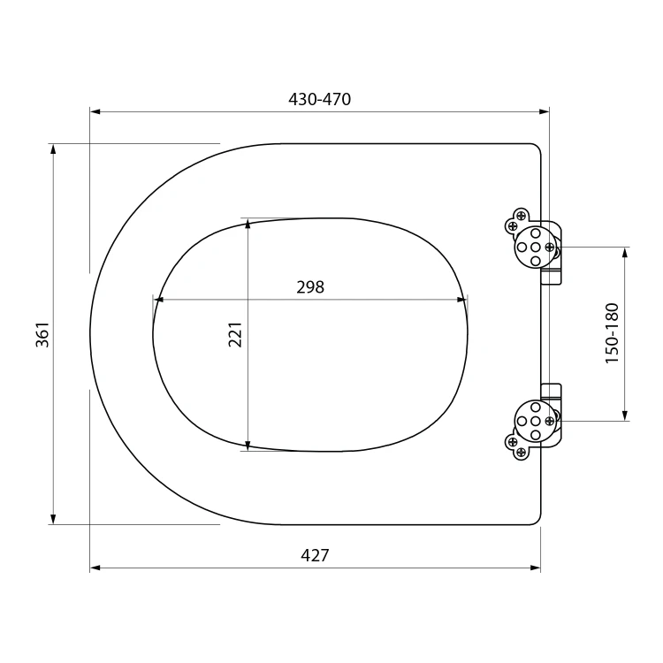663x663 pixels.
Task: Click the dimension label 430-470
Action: point(320,99)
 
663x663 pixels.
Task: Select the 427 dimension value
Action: point(315,555)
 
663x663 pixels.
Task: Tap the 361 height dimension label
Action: point(42,335)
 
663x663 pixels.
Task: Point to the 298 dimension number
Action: point(310,287)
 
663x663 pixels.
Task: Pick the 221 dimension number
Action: point(235,334)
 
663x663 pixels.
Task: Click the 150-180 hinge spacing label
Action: point(612,333)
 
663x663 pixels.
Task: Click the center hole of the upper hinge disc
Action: point(536,247)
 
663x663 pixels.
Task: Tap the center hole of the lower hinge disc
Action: point(536,421)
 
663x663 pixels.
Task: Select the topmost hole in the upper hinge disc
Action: point(536,233)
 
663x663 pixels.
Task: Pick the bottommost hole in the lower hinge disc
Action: point(536,435)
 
